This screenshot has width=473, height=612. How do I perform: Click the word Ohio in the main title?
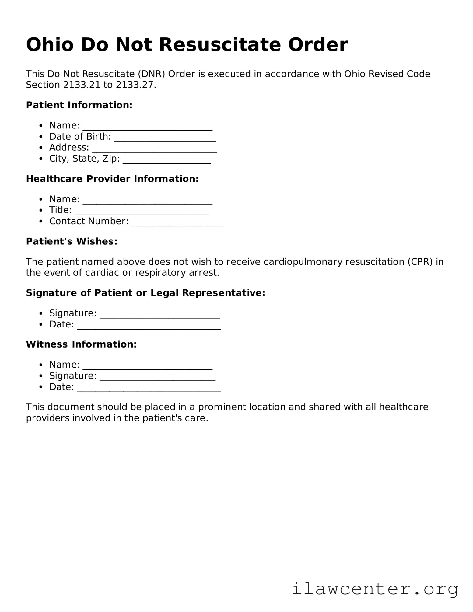point(50,45)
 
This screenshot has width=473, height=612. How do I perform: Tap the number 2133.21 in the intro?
point(82,85)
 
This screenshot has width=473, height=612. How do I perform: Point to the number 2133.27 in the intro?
point(135,85)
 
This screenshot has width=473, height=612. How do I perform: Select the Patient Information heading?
point(79,105)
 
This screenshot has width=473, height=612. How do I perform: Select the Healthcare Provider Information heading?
point(112,179)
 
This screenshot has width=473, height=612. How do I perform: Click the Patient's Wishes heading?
point(72,241)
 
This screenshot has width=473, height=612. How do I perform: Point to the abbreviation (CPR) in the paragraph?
point(420,262)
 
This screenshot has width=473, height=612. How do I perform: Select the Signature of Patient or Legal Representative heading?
point(145,293)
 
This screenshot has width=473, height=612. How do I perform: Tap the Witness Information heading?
point(81,344)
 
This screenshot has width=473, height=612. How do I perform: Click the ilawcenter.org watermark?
point(375,589)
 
